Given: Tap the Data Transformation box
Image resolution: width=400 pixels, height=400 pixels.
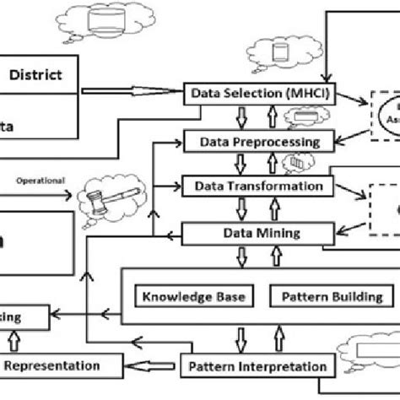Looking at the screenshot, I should [254, 185].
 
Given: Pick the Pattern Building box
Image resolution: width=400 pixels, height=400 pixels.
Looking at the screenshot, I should [325, 296].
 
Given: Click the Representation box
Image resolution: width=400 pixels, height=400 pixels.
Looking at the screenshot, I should [56, 367].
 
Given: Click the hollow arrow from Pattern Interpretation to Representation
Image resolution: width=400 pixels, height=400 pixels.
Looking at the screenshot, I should [152, 367].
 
